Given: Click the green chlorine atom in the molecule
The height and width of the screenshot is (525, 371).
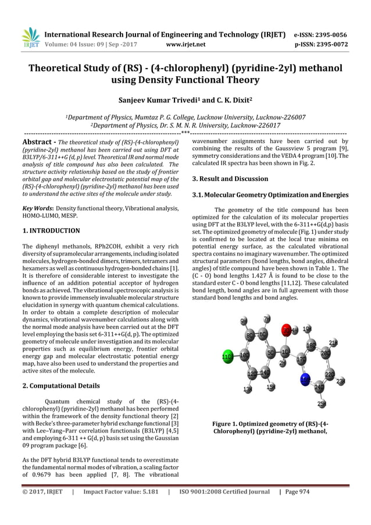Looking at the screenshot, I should click(x=227, y=355).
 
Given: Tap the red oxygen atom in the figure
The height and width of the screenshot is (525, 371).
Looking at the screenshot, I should click(x=287, y=331).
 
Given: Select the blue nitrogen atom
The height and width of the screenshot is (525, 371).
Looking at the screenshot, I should click(x=305, y=379).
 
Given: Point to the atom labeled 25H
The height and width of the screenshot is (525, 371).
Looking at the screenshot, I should click(x=322, y=403).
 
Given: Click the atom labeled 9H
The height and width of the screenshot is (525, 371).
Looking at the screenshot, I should click(x=244, y=321).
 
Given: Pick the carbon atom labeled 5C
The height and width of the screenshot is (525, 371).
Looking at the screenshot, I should click(x=270, y=353).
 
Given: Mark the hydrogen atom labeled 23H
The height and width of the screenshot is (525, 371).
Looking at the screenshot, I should click(x=341, y=381).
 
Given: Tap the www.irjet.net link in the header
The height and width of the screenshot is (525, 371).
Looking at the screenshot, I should click(x=185, y=43).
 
